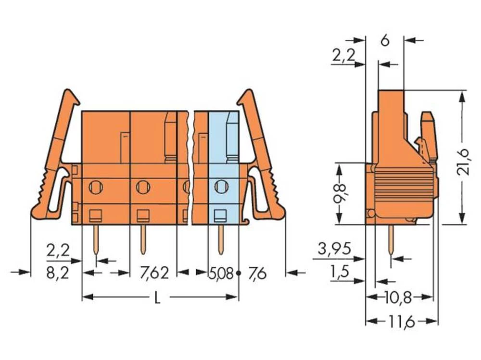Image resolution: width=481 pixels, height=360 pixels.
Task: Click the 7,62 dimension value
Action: [154, 273]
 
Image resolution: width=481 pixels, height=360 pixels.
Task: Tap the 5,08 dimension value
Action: [221, 273]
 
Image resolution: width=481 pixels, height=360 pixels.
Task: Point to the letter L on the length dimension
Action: [157, 298]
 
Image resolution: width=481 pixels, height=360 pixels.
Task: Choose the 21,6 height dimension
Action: [465, 157]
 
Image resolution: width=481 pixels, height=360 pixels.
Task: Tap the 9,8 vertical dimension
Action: [340, 193]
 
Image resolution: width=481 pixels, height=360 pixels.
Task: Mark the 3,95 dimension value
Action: [334, 249]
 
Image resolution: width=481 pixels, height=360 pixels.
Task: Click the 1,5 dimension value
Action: [340, 273]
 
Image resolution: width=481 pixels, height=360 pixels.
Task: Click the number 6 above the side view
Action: [384, 40]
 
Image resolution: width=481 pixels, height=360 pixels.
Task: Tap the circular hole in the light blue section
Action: [221, 186]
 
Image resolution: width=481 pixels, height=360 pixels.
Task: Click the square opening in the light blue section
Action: [220, 215]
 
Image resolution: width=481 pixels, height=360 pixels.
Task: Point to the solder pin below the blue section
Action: [221, 239]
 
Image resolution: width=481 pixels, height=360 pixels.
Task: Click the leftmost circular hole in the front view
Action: [96, 186]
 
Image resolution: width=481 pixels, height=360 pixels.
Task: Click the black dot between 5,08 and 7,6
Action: [238, 273]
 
